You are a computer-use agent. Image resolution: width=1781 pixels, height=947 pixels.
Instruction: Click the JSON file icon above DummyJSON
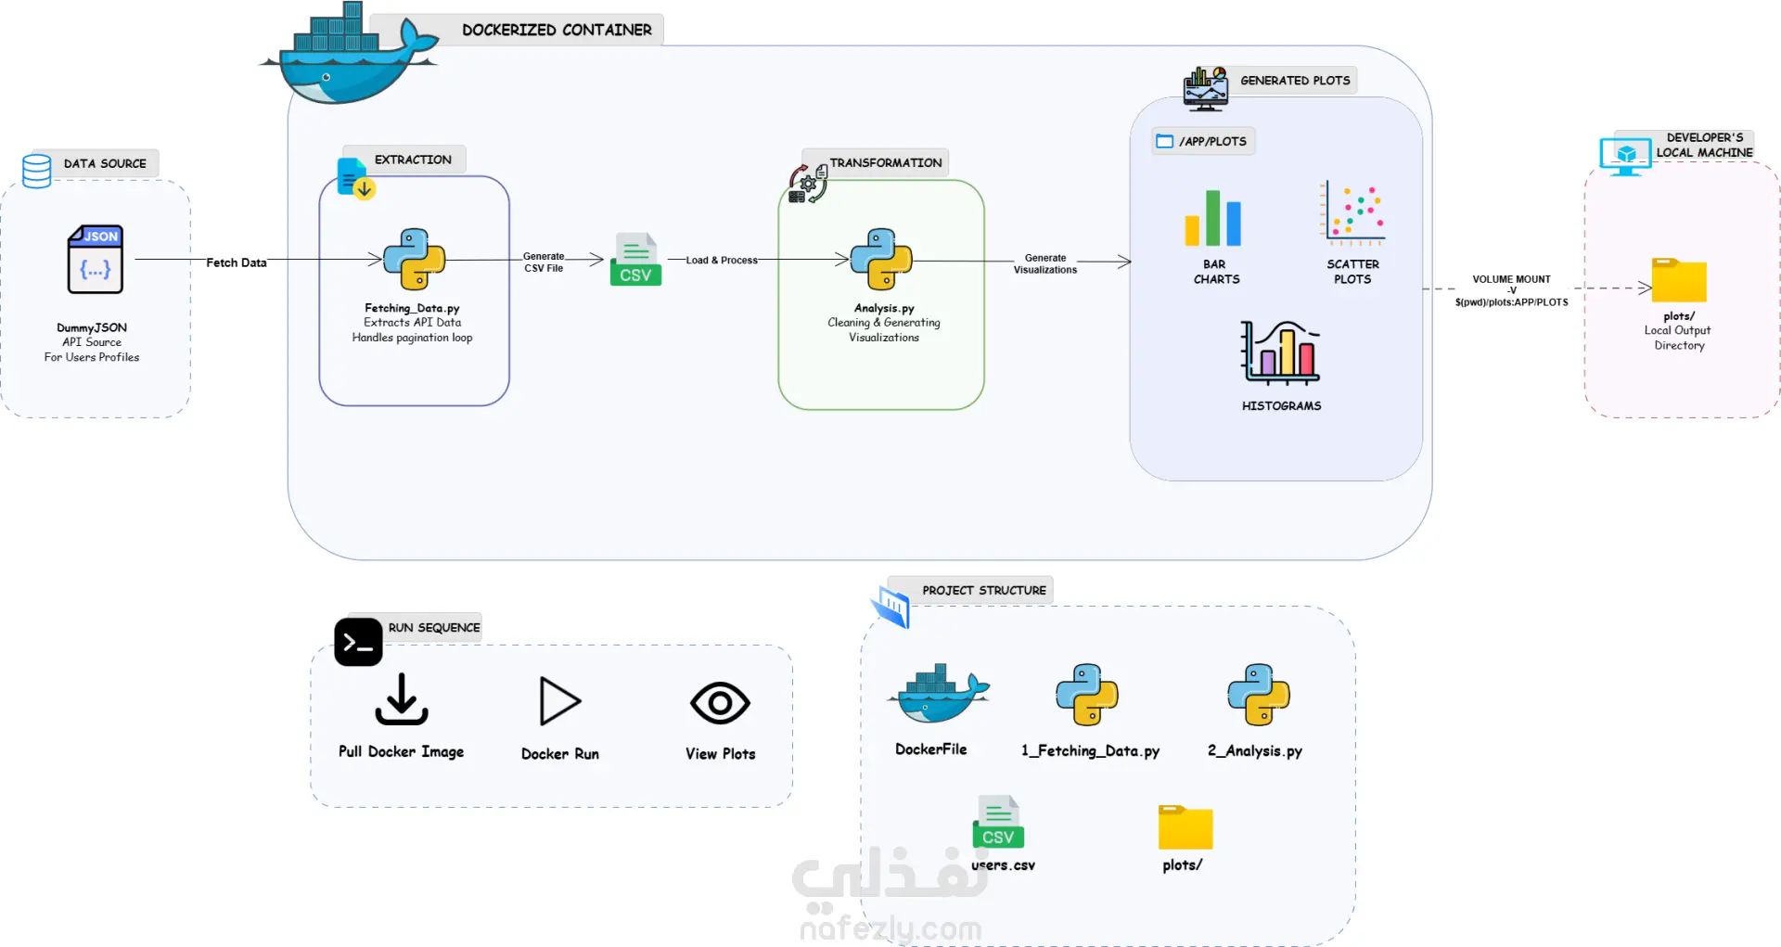95,259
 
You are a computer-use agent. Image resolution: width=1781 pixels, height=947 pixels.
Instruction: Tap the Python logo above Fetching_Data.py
414,259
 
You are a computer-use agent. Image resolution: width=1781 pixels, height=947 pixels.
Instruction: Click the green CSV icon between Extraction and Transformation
635,259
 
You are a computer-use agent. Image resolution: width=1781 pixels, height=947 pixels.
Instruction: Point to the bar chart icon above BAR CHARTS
1212,218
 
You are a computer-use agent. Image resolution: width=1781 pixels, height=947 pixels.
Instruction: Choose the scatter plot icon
1352,213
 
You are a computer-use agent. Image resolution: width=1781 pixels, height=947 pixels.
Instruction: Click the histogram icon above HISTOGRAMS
1280,353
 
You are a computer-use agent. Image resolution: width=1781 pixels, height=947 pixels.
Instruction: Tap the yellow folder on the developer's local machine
1679,280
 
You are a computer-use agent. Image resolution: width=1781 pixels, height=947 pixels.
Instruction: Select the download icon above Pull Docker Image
402,699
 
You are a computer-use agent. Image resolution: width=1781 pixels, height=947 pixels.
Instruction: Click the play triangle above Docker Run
559,701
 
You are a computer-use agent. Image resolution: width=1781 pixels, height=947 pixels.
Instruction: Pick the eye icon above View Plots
720,703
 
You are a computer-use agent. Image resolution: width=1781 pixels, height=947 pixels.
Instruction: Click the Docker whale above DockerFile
938,693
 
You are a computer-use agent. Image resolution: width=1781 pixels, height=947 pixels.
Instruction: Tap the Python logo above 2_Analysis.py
1259,695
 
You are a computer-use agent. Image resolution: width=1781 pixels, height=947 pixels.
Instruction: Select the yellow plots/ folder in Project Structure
1185,827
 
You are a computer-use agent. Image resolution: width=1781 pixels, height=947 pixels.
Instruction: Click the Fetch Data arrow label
237,262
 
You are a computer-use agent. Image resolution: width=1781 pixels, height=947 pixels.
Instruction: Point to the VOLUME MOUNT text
1511,279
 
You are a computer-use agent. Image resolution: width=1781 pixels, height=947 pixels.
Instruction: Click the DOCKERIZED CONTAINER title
557,30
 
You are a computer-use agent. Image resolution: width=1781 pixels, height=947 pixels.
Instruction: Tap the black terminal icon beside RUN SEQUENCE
358,642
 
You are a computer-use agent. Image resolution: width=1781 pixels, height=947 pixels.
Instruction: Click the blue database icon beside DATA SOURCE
36,172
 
